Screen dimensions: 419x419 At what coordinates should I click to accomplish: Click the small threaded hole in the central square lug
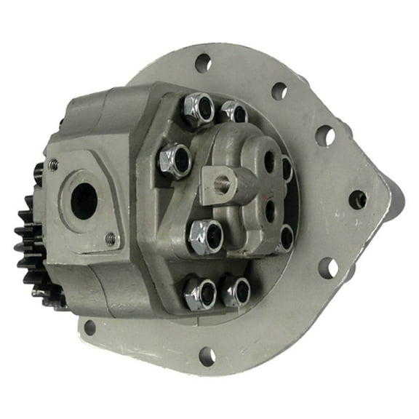click(x=223, y=183)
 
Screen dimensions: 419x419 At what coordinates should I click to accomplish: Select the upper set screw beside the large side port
click(x=54, y=165)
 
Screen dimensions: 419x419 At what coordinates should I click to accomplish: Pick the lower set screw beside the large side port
click(x=110, y=237)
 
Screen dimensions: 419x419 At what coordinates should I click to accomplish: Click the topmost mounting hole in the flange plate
click(x=203, y=63)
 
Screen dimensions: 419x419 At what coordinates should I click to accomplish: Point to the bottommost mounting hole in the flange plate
click(x=207, y=356)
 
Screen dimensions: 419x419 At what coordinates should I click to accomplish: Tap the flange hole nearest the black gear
click(x=89, y=327)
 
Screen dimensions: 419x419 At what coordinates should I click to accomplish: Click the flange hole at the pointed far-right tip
click(x=357, y=199)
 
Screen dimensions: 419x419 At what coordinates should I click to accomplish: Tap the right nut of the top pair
click(x=234, y=113)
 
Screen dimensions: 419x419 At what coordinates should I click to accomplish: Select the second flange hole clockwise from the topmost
click(x=278, y=91)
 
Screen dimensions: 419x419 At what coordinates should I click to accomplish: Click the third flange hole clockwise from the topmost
click(x=325, y=136)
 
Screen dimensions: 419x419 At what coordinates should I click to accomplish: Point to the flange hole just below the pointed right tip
click(x=328, y=268)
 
